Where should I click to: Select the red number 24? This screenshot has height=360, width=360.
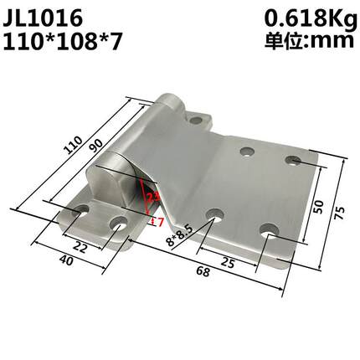(153, 198)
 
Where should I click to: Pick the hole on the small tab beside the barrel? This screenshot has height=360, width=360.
(200, 121)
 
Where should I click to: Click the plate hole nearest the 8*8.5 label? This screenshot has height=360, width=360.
(213, 215)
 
